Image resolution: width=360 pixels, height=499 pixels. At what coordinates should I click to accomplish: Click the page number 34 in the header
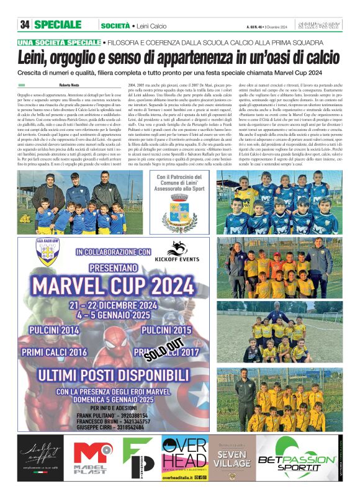point(25,25)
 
